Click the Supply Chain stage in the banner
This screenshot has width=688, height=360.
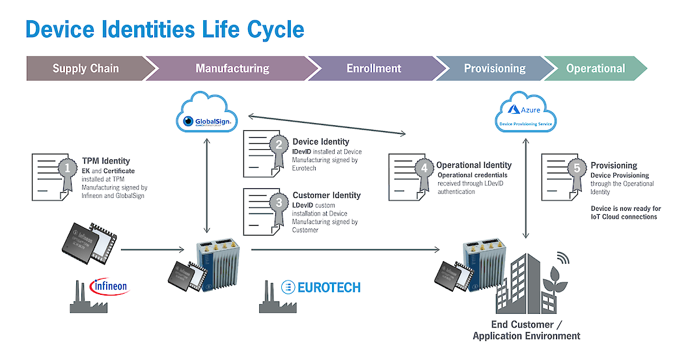tap(85, 68)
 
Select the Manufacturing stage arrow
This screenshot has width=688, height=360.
tap(232, 68)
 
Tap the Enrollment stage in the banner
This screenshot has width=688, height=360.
tap(374, 68)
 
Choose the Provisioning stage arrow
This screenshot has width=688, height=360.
tap(494, 68)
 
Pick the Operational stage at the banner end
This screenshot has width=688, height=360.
tap(595, 68)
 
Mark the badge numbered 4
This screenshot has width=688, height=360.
tap(424, 169)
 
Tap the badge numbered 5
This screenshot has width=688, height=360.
tap(576, 169)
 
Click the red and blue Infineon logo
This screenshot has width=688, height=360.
tap(110, 286)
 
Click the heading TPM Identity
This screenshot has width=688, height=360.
tap(105, 161)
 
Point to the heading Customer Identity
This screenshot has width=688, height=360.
tap(326, 195)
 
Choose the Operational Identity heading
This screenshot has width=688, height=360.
tap(474, 165)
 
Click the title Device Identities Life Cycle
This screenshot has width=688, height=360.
tap(165, 29)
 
